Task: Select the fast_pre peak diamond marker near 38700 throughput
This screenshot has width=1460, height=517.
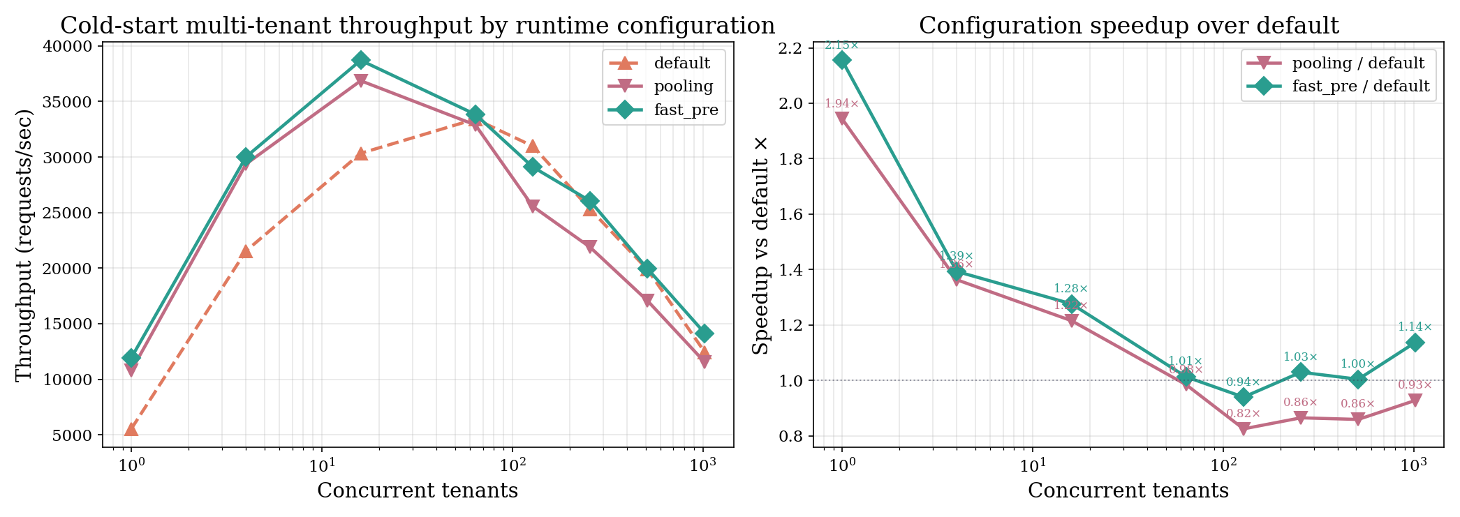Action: pyautogui.click(x=360, y=60)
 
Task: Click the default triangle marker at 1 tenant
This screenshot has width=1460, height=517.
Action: pyautogui.click(x=131, y=429)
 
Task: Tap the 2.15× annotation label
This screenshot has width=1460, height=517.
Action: pyautogui.click(x=841, y=45)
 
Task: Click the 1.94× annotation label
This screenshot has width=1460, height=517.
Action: pyautogui.click(x=841, y=104)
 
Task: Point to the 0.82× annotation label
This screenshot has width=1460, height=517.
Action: pyautogui.click(x=1243, y=414)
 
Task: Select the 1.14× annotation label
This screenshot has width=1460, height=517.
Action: pyautogui.click(x=1415, y=327)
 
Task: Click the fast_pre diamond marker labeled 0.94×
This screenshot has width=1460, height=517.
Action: pyautogui.click(x=1243, y=397)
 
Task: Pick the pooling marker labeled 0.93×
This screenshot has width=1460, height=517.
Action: pyautogui.click(x=1415, y=400)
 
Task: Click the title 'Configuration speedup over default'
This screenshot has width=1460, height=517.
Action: pyautogui.click(x=1128, y=26)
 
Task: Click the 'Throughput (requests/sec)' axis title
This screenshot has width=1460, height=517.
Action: pyautogui.click(x=24, y=246)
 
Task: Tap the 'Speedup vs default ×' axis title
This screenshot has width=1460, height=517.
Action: pyautogui.click(x=762, y=246)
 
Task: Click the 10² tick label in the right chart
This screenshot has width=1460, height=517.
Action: pyautogui.click(x=1223, y=465)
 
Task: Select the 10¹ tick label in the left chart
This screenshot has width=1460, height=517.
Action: pyautogui.click(x=321, y=465)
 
